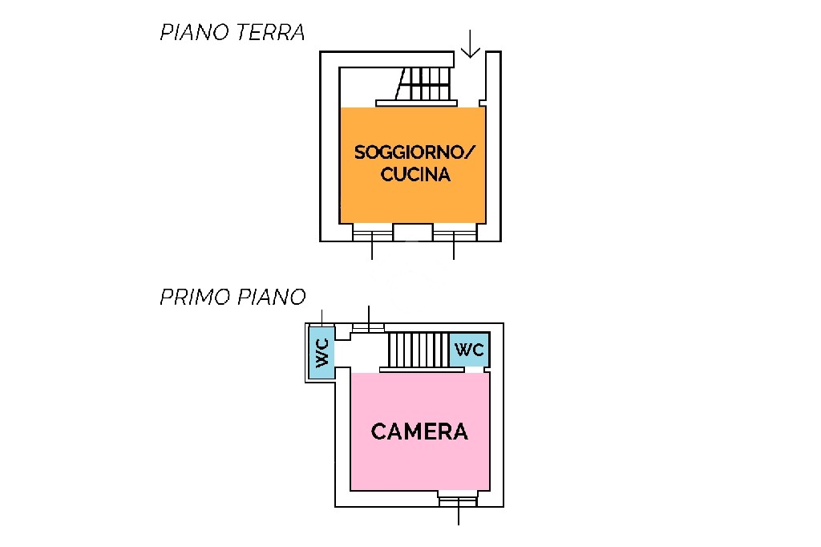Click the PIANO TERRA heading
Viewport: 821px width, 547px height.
(232, 33)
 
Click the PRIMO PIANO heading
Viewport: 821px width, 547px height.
(233, 297)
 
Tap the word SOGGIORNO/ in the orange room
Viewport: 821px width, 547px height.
(415, 152)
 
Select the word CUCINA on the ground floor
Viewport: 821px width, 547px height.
(415, 175)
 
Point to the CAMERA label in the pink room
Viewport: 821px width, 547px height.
(419, 432)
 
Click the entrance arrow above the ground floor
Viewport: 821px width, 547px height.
(470, 44)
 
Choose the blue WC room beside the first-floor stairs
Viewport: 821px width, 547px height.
(469, 350)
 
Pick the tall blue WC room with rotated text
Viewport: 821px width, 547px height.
(322, 352)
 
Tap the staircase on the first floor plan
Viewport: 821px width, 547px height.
(419, 350)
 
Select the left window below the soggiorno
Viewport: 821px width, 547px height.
(372, 232)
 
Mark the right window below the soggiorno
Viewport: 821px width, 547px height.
(455, 232)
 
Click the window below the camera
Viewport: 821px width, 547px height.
(458, 499)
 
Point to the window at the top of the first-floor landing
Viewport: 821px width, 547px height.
(369, 328)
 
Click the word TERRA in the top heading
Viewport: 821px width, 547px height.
(269, 33)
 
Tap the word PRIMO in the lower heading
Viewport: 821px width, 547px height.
(196, 297)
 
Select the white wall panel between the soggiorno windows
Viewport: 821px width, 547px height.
(413, 232)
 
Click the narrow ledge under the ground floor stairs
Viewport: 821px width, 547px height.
(416, 103)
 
